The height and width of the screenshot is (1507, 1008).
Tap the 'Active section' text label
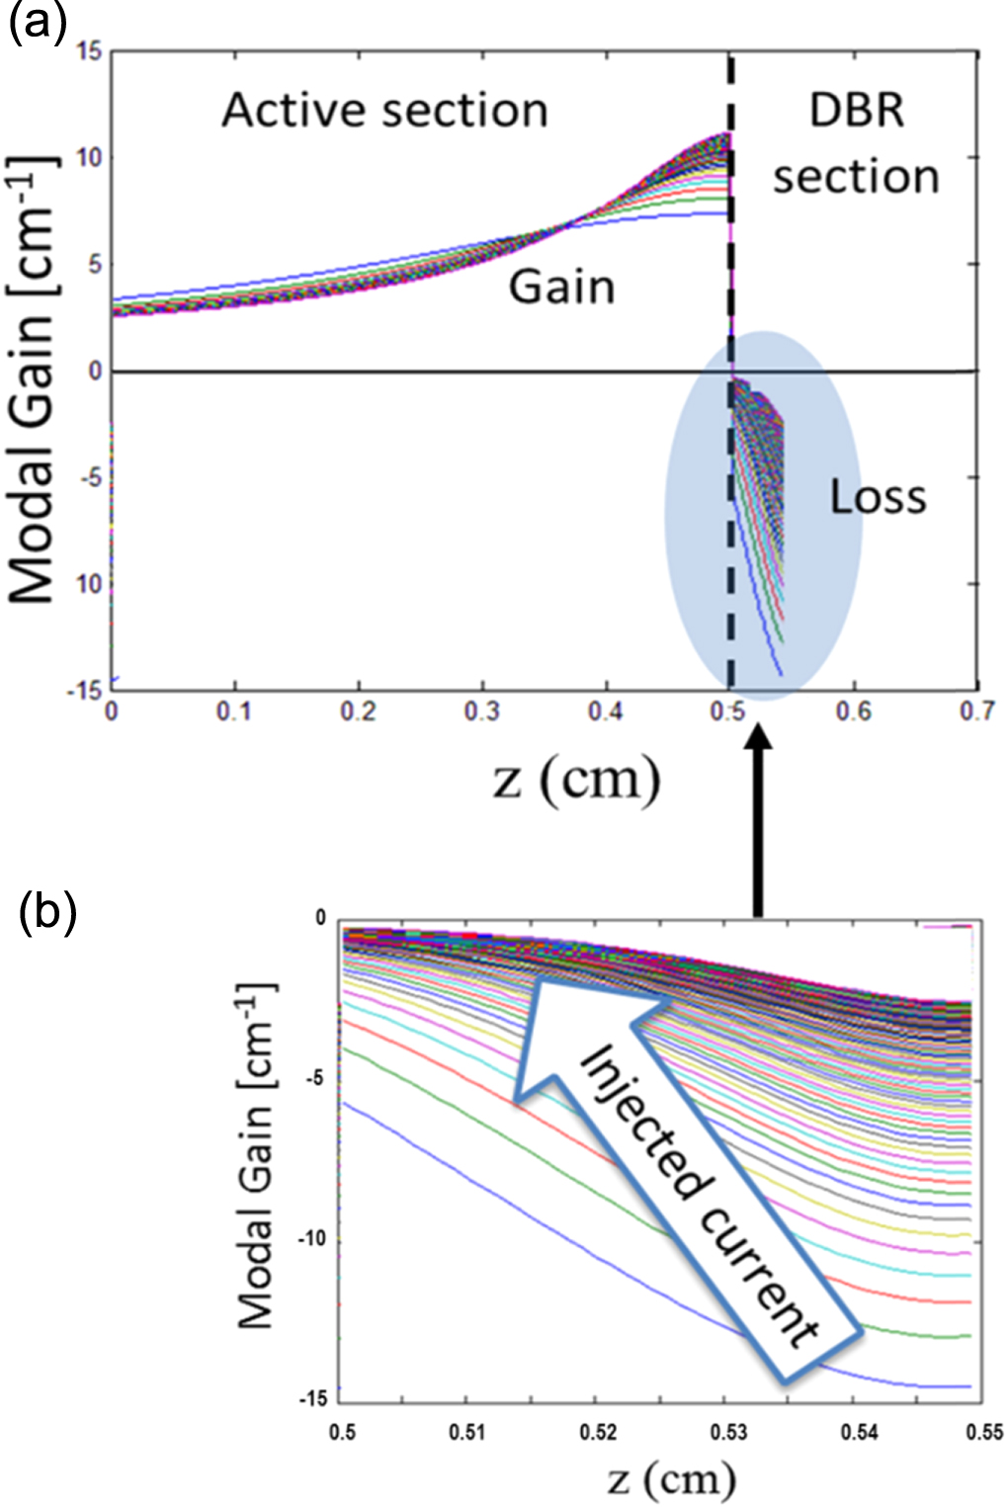384,110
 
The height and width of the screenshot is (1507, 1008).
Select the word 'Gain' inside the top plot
561,288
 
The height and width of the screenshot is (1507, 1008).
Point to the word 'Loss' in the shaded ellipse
878,497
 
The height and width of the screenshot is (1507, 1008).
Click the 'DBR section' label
856,143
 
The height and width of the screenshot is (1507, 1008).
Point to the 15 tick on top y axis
89,50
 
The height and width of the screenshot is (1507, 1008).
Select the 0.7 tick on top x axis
976,712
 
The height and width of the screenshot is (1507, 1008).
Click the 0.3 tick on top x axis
482,712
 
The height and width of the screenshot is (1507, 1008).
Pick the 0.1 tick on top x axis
235,712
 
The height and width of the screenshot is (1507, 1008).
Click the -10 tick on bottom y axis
312,1240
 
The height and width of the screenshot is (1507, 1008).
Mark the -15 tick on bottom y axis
312,1399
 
